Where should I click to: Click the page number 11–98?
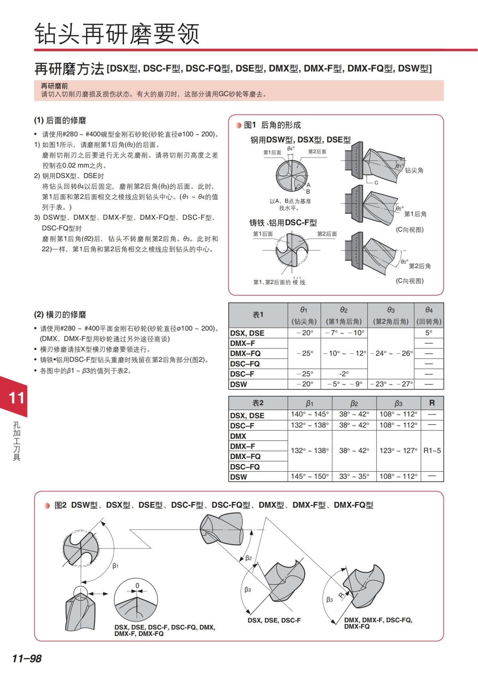coord(27,658)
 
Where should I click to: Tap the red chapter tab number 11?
coord(16,398)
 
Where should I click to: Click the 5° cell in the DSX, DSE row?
coord(429,333)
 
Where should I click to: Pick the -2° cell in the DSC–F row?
coord(344,374)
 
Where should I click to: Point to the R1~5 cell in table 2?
coord(432,450)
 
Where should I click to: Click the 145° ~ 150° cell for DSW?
coord(310,476)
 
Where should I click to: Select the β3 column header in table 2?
coord(398,403)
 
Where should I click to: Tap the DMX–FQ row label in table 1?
coord(245,353)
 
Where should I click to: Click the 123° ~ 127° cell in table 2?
coord(398,450)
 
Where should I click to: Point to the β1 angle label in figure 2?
coord(116,566)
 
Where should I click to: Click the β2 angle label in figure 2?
coord(249,558)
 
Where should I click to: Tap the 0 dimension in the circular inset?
coord(137,586)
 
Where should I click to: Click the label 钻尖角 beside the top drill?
coord(414,170)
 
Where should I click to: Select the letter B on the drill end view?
coord(308,191)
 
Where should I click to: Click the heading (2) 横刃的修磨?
coord(60,315)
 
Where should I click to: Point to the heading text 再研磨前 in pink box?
coord(55,86)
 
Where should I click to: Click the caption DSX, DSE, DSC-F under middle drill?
coord(274,620)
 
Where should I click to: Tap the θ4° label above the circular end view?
coord(291,148)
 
